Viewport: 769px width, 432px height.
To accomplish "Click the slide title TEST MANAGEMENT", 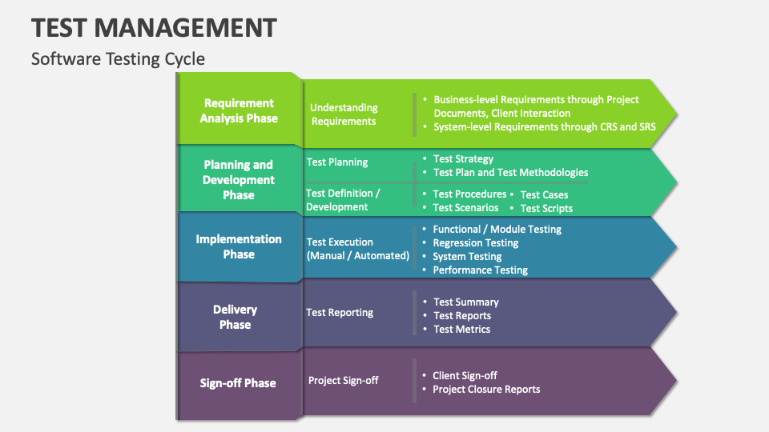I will (x=154, y=27).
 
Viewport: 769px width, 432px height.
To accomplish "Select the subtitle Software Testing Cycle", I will (x=118, y=58).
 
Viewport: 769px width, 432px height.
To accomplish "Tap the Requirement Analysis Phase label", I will (x=239, y=110).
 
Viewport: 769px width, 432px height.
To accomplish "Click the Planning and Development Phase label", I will (x=239, y=180).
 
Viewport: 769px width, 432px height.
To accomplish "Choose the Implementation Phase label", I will (x=239, y=246).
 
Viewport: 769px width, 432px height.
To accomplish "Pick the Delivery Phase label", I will (x=236, y=317).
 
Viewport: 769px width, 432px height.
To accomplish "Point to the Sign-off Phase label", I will (x=238, y=383).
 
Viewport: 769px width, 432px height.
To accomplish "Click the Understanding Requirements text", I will (x=344, y=114).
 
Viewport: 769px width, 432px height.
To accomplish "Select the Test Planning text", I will (x=337, y=162).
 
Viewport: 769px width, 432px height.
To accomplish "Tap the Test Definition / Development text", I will (x=343, y=200).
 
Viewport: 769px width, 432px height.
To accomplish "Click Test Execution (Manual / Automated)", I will (x=357, y=249).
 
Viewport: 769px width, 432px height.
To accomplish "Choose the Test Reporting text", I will (x=340, y=312).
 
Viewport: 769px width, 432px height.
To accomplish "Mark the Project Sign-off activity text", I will (x=344, y=380).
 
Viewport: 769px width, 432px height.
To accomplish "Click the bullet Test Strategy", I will (x=463, y=158).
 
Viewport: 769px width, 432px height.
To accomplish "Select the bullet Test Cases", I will (x=544, y=194).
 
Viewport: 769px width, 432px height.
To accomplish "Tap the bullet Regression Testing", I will (x=475, y=242).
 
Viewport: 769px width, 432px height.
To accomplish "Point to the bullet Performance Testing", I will (x=480, y=270).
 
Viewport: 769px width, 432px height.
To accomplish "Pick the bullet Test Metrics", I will (x=461, y=329).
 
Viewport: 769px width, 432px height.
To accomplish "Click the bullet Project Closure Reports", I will (x=486, y=389).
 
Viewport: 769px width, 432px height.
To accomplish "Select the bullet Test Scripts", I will (x=546, y=208).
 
